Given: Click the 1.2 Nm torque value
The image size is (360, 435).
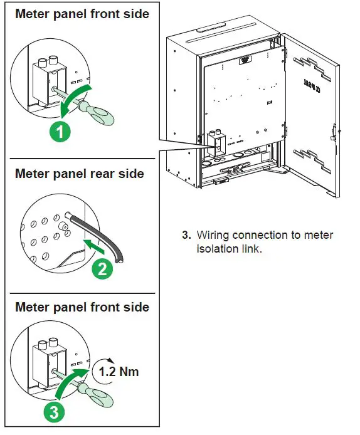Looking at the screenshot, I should (119, 371).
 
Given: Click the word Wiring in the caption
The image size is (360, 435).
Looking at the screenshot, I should (213, 235).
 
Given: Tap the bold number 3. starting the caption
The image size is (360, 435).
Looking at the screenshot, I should (186, 235).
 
